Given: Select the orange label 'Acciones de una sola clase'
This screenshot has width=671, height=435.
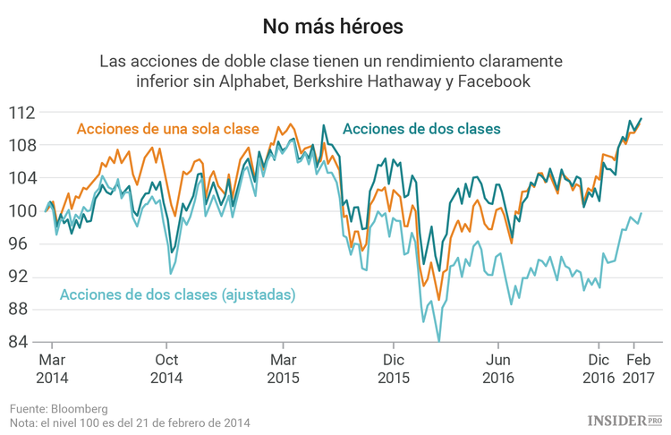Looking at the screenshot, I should coord(168,129).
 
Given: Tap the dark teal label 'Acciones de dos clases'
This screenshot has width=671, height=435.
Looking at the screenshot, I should coord(421,129).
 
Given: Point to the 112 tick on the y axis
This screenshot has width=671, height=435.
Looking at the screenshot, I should coord(23,113).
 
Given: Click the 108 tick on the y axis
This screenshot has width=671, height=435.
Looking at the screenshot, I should coord(23,145).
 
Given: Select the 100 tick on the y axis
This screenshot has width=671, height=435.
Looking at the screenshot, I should coord(23,211).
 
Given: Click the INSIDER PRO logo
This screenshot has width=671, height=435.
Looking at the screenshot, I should coord(624,419).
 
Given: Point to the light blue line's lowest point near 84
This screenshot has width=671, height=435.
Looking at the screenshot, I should coord(438,340).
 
